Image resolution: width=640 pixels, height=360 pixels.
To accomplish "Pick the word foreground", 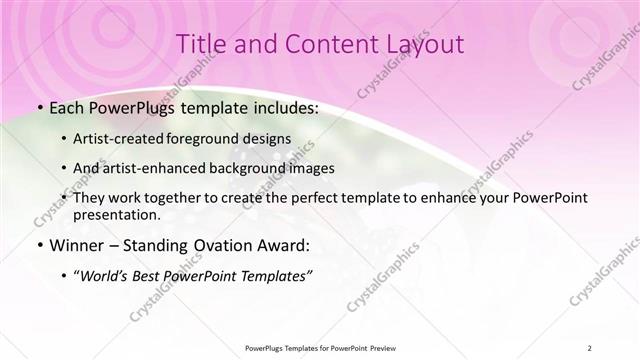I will coord(219,138).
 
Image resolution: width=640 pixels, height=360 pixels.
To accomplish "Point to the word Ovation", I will coord(215,244).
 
